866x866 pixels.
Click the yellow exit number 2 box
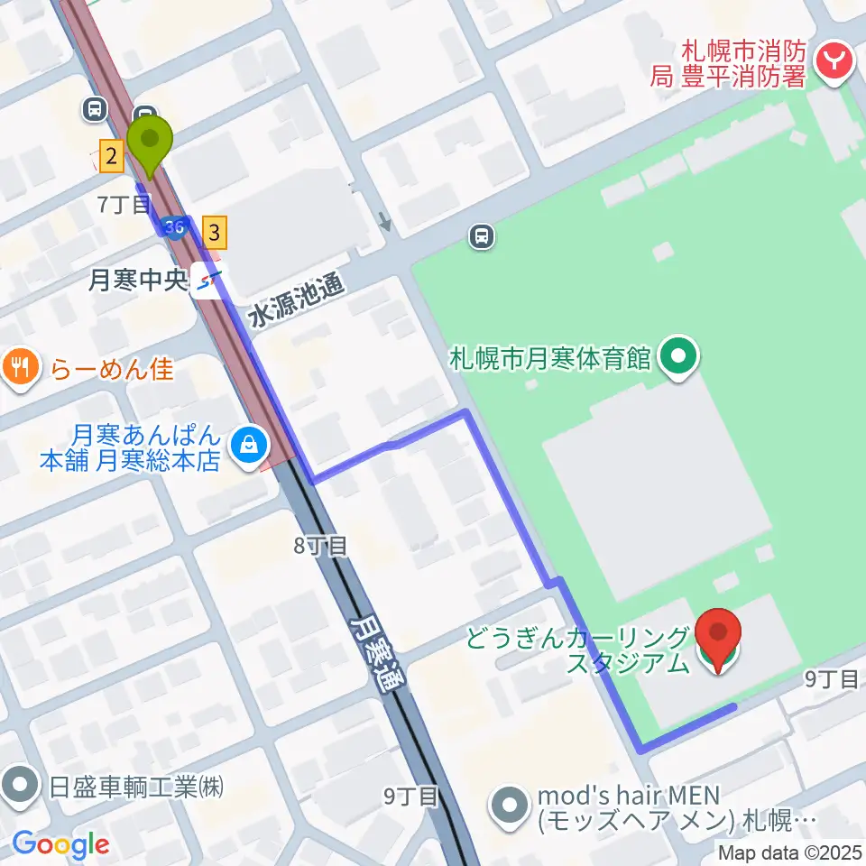[x=111, y=158]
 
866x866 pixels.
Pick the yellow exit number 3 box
[x=214, y=233]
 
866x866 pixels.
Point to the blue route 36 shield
[x=175, y=227]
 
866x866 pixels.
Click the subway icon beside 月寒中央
[x=209, y=283]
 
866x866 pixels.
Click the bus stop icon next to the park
[x=483, y=237]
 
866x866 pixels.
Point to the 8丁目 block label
[x=319, y=545]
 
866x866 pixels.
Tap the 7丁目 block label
[x=124, y=205]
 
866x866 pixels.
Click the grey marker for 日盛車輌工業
[x=18, y=786]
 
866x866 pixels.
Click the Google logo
[x=60, y=844]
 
